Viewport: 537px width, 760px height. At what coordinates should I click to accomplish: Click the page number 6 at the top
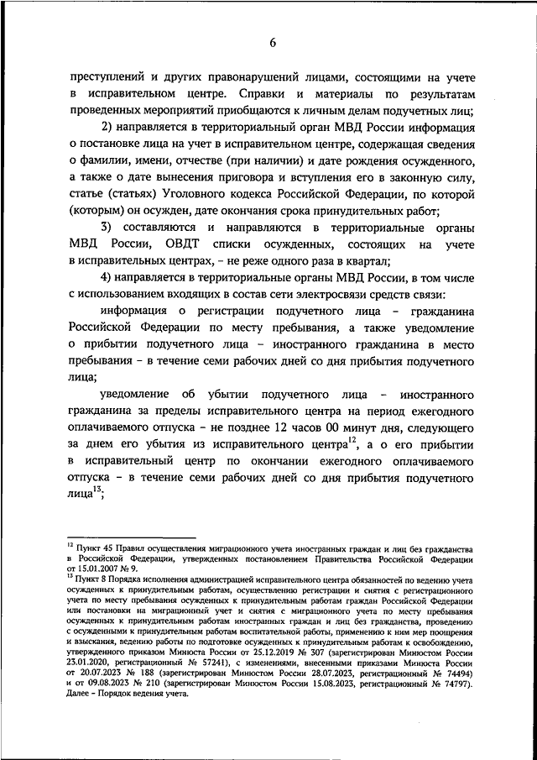pos(274,43)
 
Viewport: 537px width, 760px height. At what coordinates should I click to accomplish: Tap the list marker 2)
pos(112,127)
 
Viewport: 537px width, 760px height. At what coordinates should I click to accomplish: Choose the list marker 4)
pos(112,279)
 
